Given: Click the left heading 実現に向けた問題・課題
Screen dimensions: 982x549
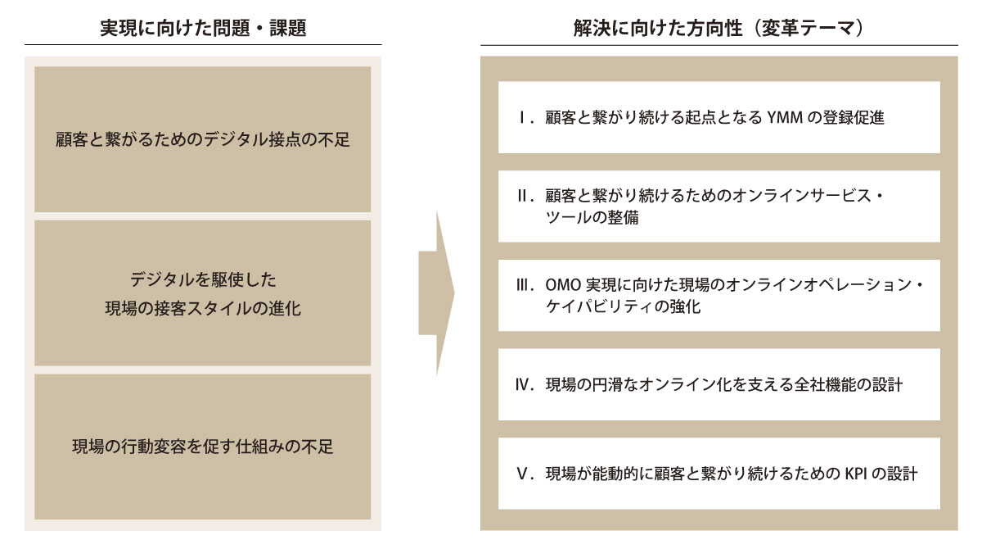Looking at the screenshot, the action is (203, 28).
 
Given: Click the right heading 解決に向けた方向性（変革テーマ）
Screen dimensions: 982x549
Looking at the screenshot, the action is (718, 28).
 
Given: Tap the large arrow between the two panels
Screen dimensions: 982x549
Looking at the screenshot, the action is (437, 293).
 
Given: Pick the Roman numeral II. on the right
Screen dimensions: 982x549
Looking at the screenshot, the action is (525, 196).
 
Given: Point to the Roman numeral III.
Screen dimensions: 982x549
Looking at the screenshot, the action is (525, 285).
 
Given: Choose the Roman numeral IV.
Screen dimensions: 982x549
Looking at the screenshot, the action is (525, 385).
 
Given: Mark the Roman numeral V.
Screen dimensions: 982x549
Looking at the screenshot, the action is (525, 474).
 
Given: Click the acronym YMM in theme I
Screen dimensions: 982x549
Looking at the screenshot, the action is (785, 118).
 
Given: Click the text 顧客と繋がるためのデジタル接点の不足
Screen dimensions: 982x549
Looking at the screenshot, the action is (203, 139).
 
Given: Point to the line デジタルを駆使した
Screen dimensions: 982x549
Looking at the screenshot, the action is (203, 279).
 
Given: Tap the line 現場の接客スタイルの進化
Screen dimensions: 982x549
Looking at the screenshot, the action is (203, 309).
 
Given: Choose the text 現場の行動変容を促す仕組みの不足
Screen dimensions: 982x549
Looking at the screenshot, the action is (203, 447).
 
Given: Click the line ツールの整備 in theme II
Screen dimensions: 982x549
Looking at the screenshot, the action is (592, 218).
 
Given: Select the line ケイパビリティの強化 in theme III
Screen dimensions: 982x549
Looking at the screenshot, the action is (623, 306).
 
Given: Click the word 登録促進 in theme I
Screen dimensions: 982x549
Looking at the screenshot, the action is (853, 118).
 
